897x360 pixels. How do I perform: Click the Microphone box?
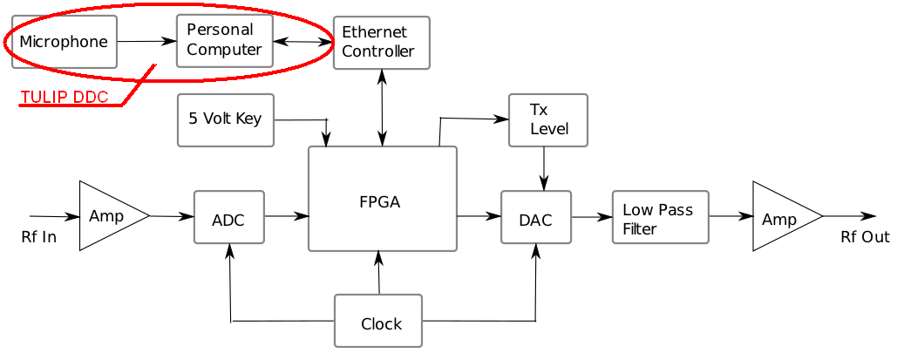(x=64, y=42)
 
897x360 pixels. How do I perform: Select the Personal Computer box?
(x=224, y=40)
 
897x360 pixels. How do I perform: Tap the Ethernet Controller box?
(x=381, y=43)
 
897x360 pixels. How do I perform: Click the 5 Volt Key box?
(x=225, y=119)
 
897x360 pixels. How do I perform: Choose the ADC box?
(x=228, y=219)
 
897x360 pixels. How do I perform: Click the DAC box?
(x=535, y=218)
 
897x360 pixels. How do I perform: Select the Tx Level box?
(x=548, y=119)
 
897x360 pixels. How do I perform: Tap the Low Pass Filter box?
(x=660, y=217)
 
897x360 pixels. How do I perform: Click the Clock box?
(x=378, y=322)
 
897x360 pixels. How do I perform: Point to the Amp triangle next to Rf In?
(x=108, y=216)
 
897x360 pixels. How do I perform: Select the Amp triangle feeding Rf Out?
(x=781, y=217)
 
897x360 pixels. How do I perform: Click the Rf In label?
(x=38, y=236)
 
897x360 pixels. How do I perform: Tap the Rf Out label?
(x=865, y=236)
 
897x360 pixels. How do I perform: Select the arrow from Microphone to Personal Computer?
(x=146, y=41)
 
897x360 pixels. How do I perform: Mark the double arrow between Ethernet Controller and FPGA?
(x=382, y=107)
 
